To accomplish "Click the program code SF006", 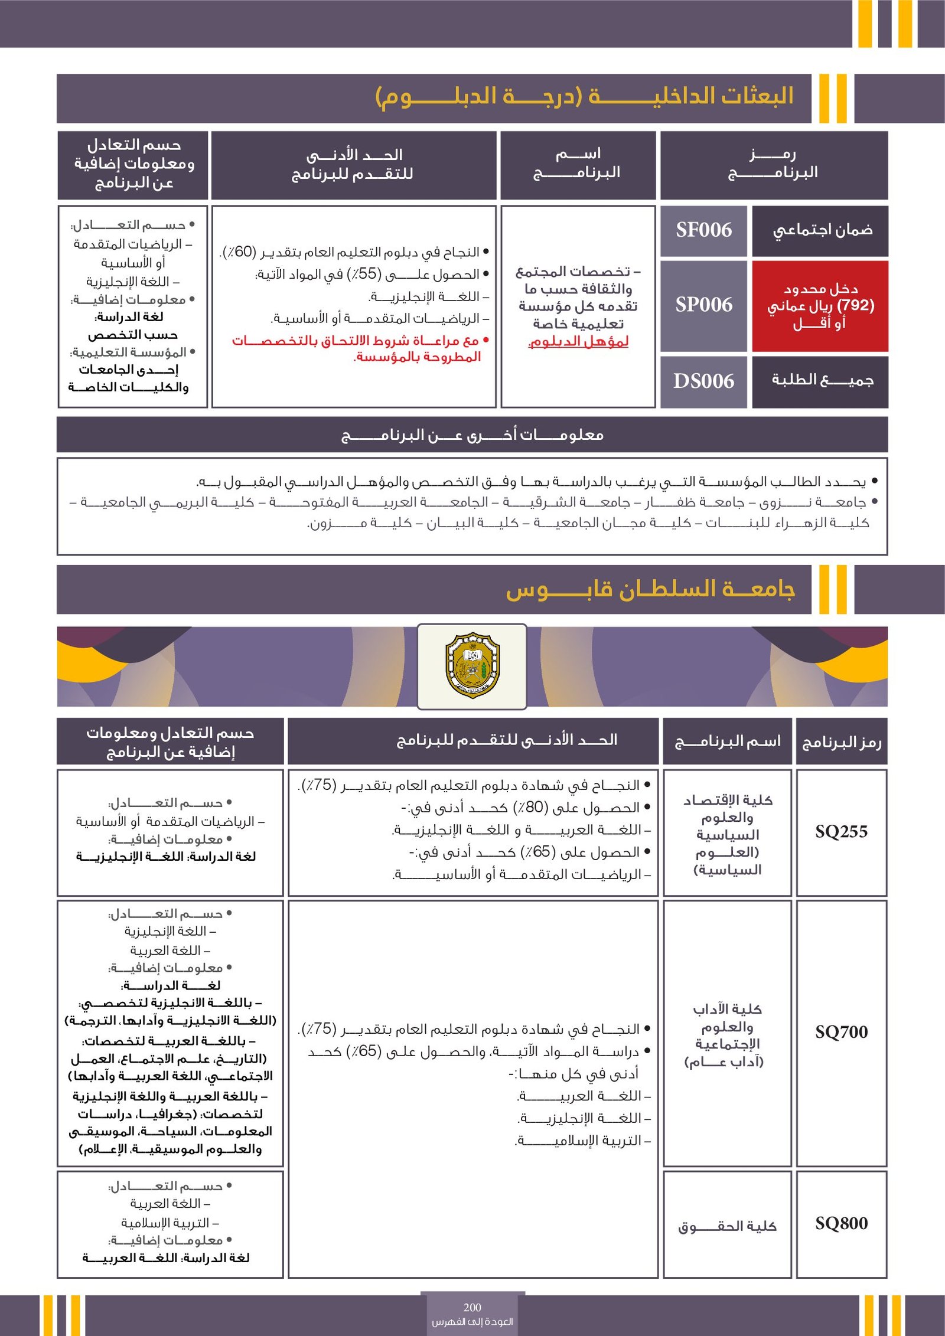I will (x=703, y=230).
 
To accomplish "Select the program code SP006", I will (x=703, y=305).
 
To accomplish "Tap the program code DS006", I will (x=703, y=381).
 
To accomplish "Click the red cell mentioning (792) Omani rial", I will (x=820, y=306).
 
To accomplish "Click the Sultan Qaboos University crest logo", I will (x=472, y=665).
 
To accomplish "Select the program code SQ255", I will (x=841, y=832).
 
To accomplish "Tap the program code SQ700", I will (x=841, y=1032).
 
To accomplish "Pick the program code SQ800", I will (x=841, y=1223).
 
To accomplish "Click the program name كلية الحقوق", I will (x=727, y=1227).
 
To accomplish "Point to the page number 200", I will (x=472, y=1307).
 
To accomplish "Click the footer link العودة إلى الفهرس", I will (x=472, y=1322).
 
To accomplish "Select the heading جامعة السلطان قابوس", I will (x=650, y=590).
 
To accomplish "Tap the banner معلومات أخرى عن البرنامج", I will (x=472, y=435).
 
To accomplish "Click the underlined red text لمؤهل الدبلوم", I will (x=578, y=342).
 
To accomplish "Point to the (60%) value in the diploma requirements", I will (x=240, y=253).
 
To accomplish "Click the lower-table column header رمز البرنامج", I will (x=841, y=742).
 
